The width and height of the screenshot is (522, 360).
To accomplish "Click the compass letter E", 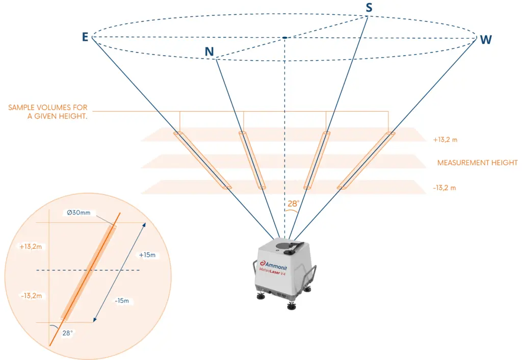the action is click(85, 37).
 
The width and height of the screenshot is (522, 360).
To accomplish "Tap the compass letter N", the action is click(209, 52).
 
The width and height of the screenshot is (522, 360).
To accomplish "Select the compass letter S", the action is click(369, 8).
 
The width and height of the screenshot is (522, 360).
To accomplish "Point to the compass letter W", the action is click(486, 40).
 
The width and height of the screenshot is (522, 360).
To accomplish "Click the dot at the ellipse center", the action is click(284, 38).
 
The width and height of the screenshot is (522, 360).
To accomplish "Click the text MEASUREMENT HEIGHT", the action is click(477, 163).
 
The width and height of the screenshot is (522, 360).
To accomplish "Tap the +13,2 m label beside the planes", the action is click(445, 140).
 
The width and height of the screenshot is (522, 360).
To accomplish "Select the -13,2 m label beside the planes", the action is click(445, 188).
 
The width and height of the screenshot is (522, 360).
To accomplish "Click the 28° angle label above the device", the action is click(293, 203).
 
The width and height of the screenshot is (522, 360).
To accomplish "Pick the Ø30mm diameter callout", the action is click(79, 213).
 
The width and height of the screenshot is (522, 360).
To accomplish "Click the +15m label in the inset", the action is click(147, 255).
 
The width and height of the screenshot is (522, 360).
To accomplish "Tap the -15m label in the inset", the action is click(122, 301).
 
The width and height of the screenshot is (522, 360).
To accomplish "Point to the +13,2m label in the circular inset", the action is click(31, 247).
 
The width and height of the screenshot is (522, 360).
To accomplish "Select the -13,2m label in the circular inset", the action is click(31, 296).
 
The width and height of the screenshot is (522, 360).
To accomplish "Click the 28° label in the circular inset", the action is click(67, 333).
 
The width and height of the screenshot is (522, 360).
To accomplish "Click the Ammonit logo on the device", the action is click(273, 266).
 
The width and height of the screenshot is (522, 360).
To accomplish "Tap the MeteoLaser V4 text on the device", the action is click(272, 272).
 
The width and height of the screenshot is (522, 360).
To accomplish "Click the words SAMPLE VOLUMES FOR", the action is click(47, 108).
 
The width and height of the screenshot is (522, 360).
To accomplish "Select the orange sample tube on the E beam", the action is click(202, 160).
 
